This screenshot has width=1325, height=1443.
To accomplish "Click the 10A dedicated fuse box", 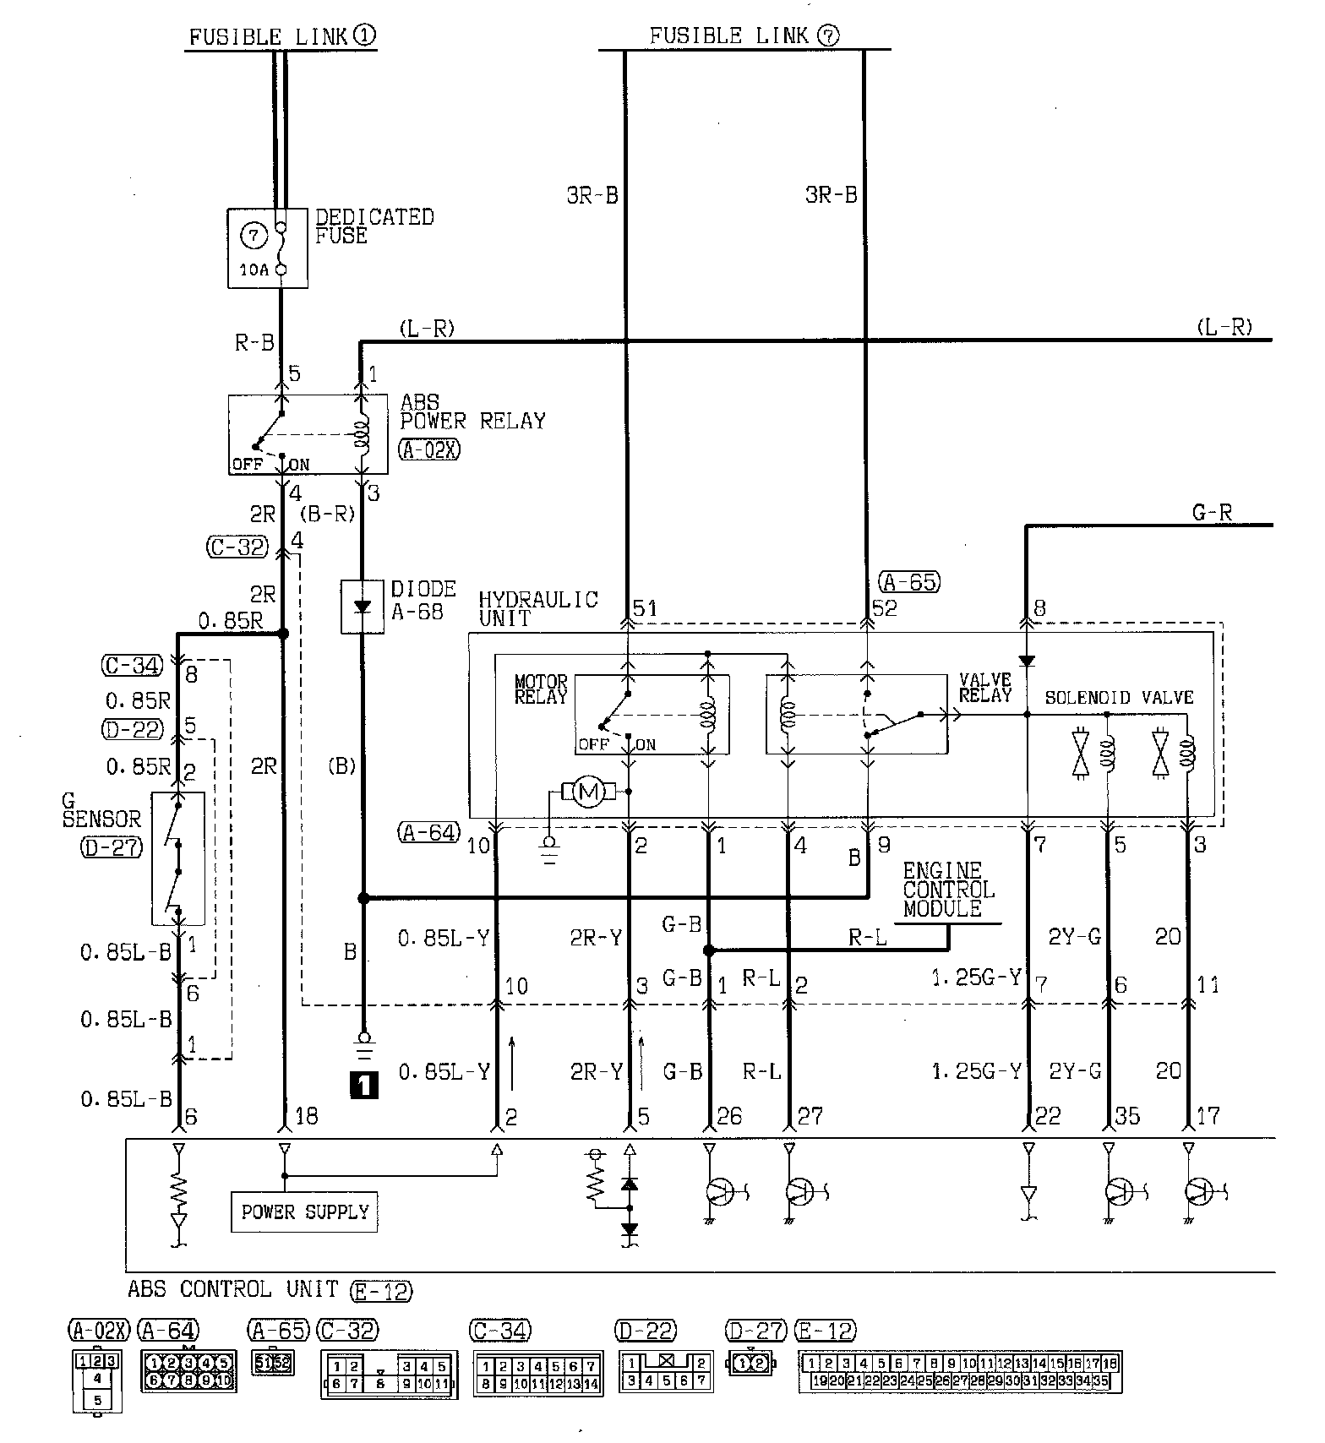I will point(267,248).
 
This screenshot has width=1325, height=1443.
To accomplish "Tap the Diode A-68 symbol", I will point(363,606).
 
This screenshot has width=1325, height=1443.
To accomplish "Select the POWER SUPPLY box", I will point(304,1212).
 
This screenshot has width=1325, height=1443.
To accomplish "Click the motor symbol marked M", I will point(588,792).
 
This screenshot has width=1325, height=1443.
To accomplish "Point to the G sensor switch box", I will point(178,858).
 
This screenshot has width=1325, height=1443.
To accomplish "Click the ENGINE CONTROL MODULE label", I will point(948,890).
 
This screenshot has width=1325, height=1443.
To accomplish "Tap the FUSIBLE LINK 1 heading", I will point(281,36).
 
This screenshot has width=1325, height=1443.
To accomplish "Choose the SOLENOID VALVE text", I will point(1119,698).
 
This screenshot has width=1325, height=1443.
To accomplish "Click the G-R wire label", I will point(1212,512).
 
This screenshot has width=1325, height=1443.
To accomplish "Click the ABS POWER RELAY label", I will point(472,412).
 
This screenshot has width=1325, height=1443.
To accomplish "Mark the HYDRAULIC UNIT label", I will point(537,608).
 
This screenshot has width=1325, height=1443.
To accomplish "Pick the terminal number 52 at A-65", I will point(884,608).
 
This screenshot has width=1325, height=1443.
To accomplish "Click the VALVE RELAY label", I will point(985,689).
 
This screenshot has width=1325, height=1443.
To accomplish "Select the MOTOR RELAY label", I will point(541,689).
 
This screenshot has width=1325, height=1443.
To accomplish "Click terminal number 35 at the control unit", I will point(1127,1116).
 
